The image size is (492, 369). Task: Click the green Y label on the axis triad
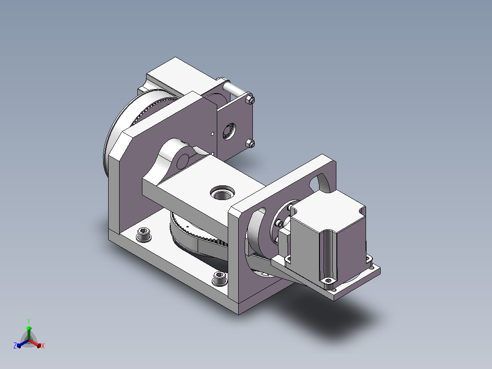[x=29, y=321]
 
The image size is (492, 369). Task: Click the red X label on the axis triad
[x=43, y=346]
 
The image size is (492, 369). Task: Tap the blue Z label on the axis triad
[x=15, y=345]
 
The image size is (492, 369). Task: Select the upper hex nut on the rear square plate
[x=250, y=100]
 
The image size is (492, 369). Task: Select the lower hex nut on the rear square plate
[x=250, y=144]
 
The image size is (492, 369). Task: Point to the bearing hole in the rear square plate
[x=229, y=131]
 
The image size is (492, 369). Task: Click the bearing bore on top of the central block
[x=222, y=193]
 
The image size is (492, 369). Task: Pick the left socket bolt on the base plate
[x=144, y=234]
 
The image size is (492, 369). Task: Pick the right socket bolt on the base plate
[x=220, y=278]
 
